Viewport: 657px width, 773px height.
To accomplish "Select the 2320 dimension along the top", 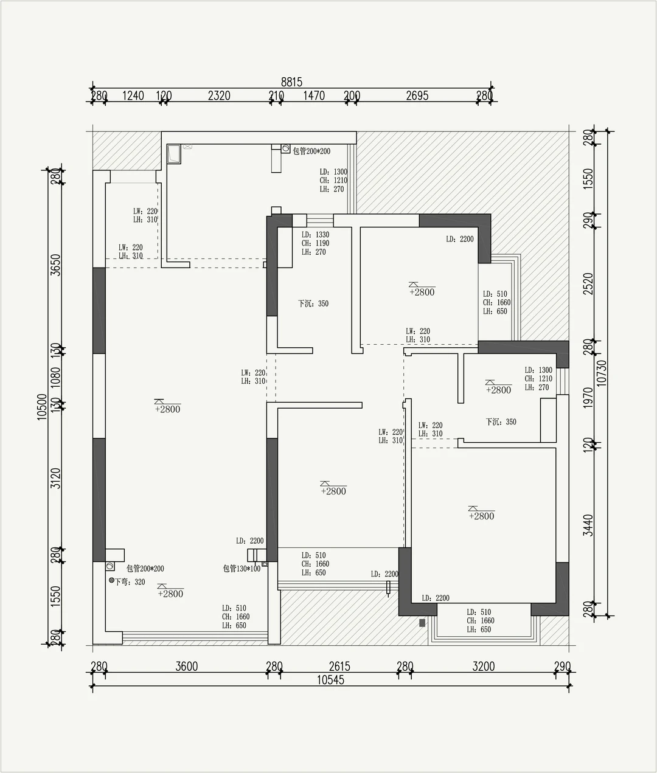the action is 219,95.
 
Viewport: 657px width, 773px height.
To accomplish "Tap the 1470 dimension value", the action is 314,95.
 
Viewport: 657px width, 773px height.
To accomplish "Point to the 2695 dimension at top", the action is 417,95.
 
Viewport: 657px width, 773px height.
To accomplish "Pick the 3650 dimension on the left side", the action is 56,264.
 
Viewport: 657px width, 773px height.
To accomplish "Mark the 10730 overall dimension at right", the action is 602,373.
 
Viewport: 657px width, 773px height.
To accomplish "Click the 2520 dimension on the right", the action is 588,284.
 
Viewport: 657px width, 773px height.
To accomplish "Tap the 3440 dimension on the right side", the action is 588,525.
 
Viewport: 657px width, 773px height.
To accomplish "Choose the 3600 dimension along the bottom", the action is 187,667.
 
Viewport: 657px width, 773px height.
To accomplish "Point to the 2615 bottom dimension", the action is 339,667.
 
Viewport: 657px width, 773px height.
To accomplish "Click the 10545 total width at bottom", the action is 330,680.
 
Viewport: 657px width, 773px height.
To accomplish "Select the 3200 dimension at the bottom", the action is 484,667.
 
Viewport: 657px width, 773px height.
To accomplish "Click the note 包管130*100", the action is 242,569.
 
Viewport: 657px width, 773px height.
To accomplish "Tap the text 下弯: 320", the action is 130,581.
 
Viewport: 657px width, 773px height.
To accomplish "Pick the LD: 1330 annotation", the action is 315,235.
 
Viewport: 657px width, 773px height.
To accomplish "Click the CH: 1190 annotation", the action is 315,243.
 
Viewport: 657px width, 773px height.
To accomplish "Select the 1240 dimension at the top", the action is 133,95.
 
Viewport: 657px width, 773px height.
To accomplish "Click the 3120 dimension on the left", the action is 56,478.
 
